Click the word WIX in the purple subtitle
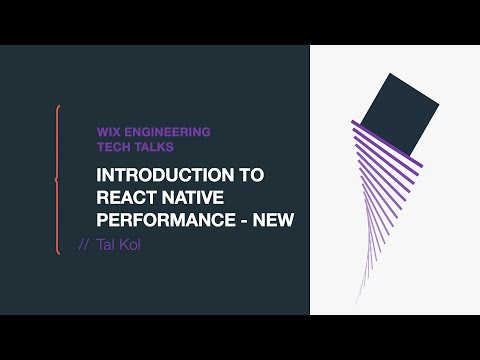[108, 131]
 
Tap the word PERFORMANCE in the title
[163, 219]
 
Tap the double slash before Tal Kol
[84, 245]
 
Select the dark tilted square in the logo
[398, 117]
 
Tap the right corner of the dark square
[440, 103]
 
